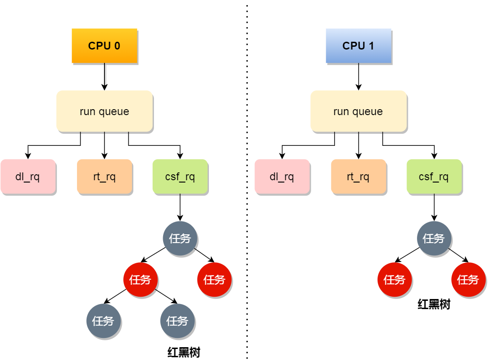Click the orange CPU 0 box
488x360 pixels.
tap(104, 45)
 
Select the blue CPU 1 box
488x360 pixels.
tap(358, 45)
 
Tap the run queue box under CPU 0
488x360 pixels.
tap(104, 111)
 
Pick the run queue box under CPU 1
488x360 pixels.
tap(358, 111)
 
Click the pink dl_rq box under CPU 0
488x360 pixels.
tap(27, 177)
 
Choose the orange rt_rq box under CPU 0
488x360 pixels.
tap(104, 177)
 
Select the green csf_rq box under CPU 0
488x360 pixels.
tap(180, 177)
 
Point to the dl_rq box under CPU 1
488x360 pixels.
tap(282, 177)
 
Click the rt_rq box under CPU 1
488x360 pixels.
tap(358, 177)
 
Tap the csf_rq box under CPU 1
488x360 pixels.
tap(434, 177)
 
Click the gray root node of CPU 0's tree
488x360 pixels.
tap(180, 238)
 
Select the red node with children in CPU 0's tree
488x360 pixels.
tap(140, 279)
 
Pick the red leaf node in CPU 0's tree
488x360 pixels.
tap(214, 279)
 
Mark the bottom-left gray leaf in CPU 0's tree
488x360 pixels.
tap(104, 321)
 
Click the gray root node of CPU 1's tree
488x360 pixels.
tap(434, 238)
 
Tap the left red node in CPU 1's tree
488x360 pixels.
tap(394, 279)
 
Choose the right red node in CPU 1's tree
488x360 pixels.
tap(468, 279)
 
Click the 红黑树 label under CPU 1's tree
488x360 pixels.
tap(434, 305)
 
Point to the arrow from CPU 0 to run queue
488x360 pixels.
tap(104, 77)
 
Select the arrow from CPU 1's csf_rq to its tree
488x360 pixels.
tap(434, 207)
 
